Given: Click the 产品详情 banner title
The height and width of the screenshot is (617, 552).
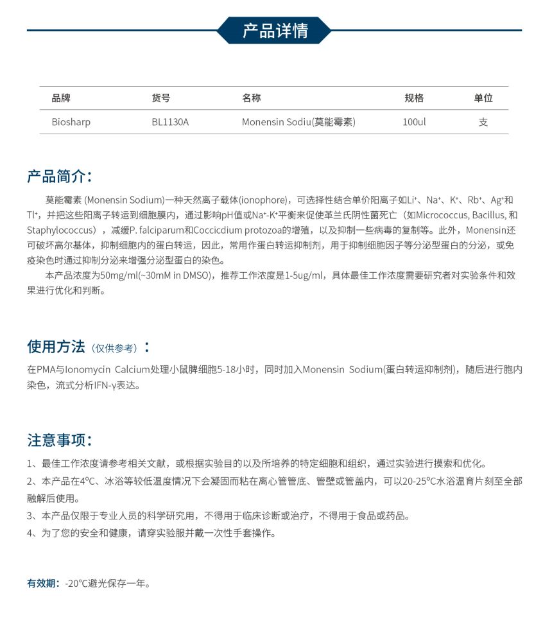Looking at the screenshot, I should (x=275, y=30).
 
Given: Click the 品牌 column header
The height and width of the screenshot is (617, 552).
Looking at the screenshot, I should (x=61, y=98).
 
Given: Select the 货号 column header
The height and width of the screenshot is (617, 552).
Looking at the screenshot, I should (x=161, y=98).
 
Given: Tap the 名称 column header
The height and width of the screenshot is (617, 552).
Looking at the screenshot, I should (x=251, y=98).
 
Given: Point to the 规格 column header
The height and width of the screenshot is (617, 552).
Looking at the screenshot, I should (x=414, y=98).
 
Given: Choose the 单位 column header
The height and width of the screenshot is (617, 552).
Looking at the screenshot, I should (x=483, y=98).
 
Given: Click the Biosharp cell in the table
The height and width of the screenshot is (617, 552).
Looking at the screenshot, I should (x=71, y=122).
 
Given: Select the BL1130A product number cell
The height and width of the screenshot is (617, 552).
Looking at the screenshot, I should (x=170, y=122).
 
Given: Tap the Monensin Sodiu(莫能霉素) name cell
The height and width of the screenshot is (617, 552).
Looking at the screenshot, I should (x=298, y=122).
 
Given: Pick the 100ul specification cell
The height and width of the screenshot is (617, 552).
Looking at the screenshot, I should (x=414, y=122).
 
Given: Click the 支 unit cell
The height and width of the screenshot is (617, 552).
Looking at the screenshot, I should (x=483, y=122).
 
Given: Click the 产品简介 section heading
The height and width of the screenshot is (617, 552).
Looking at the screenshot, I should (x=59, y=177).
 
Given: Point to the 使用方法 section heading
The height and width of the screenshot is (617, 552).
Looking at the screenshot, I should (x=56, y=347).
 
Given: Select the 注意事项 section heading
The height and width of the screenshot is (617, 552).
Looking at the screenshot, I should (x=59, y=440).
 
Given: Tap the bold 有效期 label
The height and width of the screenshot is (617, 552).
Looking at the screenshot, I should (x=43, y=584).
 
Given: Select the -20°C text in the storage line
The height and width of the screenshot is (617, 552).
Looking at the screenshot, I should (x=76, y=584).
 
